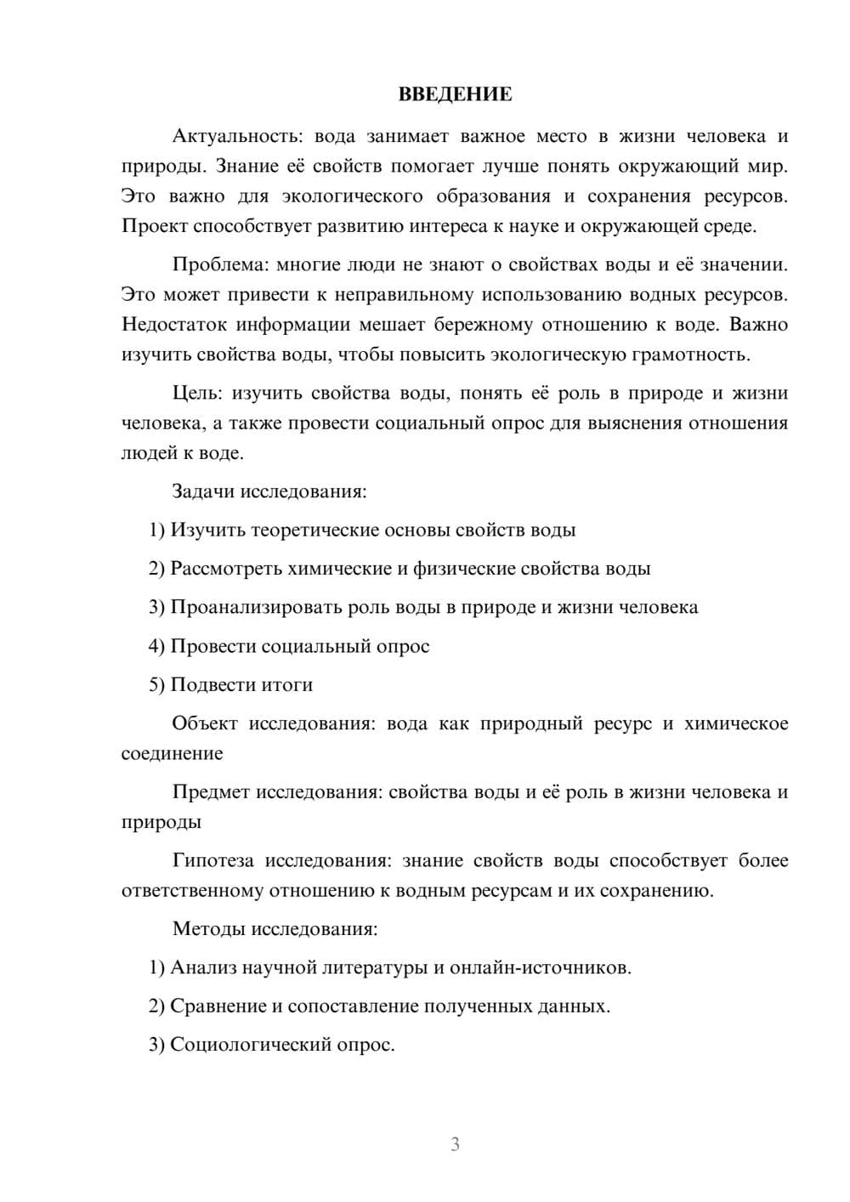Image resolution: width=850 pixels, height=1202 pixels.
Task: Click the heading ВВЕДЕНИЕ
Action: click(x=455, y=94)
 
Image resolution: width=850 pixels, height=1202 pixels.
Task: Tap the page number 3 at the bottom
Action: click(x=455, y=1144)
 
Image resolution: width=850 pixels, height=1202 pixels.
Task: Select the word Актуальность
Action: click(x=236, y=136)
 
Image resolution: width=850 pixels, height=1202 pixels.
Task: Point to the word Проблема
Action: click(x=220, y=264)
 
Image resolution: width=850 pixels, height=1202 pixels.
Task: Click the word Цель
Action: click(x=198, y=393)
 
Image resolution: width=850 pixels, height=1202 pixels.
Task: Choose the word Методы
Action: click(x=208, y=928)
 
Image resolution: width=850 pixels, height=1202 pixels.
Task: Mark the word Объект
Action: click(x=203, y=723)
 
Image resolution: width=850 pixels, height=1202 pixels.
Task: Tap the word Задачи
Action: click(x=203, y=491)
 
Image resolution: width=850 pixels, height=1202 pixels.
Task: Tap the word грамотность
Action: click(x=689, y=354)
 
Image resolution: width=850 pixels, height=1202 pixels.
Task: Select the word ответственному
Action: click(x=192, y=891)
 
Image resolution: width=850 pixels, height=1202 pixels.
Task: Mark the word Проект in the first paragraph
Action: click(x=154, y=226)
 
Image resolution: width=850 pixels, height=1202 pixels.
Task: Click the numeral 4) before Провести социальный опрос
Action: click(x=156, y=647)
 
